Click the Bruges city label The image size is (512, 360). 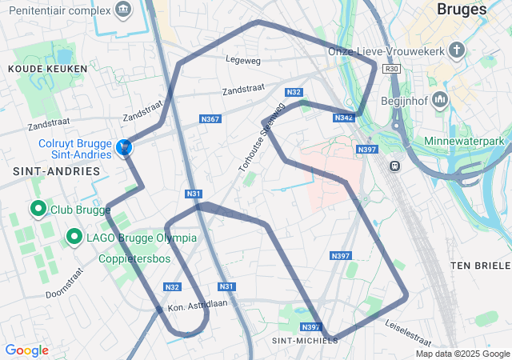tap(462, 10)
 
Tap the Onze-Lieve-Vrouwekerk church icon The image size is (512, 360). tap(457, 51)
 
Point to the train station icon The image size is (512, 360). tap(394, 165)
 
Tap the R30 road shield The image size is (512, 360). tap(391, 70)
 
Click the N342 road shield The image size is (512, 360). tap(343, 118)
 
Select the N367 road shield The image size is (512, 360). tap(210, 119)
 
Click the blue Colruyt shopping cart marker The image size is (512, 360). tap(124, 147)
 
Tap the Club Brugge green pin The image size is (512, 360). tap(38, 210)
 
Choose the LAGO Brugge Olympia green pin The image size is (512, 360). tap(74, 237)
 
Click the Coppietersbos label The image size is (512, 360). tap(134, 259)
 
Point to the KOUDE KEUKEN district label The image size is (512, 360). tap(41, 70)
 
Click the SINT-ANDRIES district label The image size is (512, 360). tap(56, 171)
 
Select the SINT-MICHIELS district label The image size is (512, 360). tap(306, 340)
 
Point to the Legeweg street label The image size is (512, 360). tap(243, 59)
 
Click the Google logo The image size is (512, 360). tap(26, 350)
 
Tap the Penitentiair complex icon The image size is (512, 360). tap(122, 10)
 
